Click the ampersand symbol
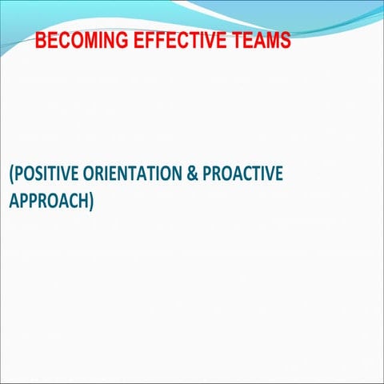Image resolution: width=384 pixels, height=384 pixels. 192,174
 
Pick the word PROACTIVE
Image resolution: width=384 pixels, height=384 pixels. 242,174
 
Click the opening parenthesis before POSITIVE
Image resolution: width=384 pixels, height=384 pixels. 11,175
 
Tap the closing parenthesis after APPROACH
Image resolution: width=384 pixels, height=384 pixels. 91,202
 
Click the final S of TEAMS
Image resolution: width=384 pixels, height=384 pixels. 285,40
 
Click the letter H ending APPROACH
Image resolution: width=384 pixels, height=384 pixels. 82,201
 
